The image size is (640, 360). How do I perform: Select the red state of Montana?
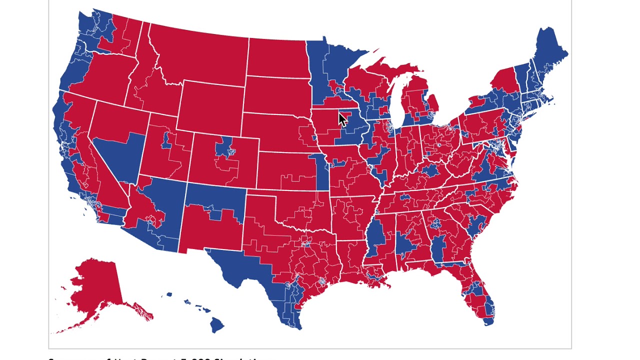click(x=200, y=55)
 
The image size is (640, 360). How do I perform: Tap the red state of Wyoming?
click(x=210, y=107)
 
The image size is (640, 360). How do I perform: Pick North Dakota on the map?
click(x=277, y=57)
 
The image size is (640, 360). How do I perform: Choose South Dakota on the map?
click(x=277, y=97)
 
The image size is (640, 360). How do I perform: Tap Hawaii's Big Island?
click(x=216, y=324)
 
